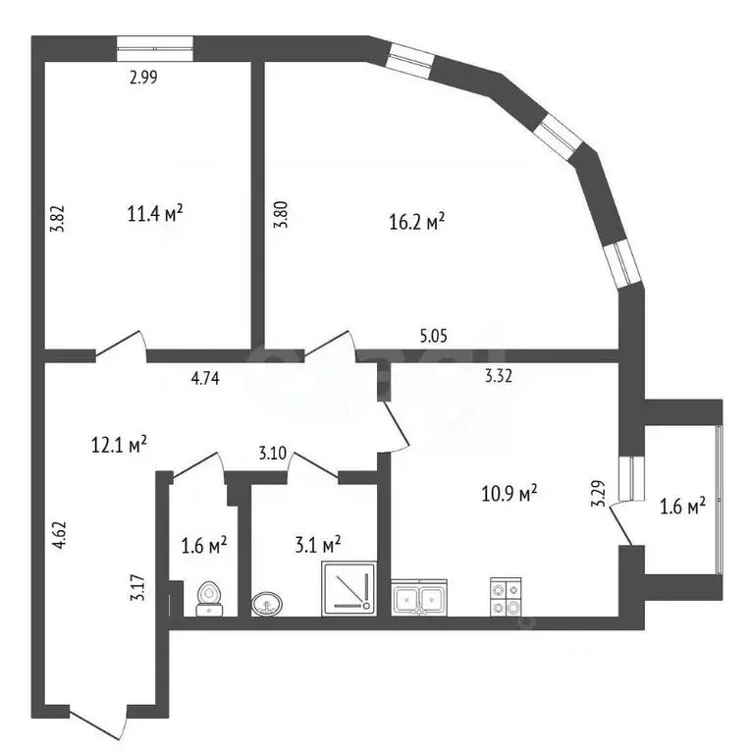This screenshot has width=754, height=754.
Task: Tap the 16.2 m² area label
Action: (417, 222)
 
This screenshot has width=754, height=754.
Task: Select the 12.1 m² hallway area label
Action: (119, 445)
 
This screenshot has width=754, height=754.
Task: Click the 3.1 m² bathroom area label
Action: (316, 543)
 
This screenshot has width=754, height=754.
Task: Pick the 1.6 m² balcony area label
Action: (680, 507)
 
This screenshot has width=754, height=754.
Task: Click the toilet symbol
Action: (208, 597)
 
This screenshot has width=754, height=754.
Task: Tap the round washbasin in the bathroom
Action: (266, 603)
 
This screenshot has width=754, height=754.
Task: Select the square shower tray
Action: (348, 590)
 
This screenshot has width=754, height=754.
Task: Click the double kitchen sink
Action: (421, 598)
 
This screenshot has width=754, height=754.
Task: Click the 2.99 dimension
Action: (143, 80)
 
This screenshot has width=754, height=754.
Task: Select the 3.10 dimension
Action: (272, 454)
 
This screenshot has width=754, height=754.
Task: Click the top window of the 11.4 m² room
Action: (155, 43)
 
